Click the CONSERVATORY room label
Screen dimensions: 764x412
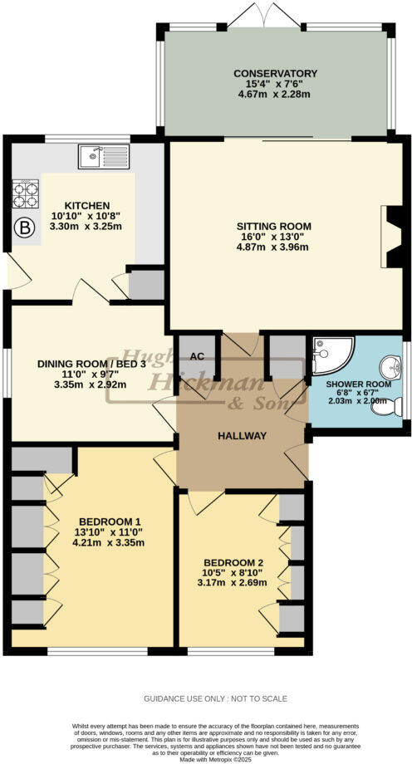pyautogui.click(x=276, y=73)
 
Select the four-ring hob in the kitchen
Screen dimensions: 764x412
pyautogui.click(x=25, y=193)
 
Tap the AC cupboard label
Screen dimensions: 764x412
pyautogui.click(x=197, y=356)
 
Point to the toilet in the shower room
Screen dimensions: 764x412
pyautogui.click(x=395, y=406)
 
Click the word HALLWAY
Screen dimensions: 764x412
pyautogui.click(x=242, y=436)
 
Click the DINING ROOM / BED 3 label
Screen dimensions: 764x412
pyautogui.click(x=89, y=363)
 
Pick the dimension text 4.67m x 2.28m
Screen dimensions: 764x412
pyautogui.click(x=276, y=95)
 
